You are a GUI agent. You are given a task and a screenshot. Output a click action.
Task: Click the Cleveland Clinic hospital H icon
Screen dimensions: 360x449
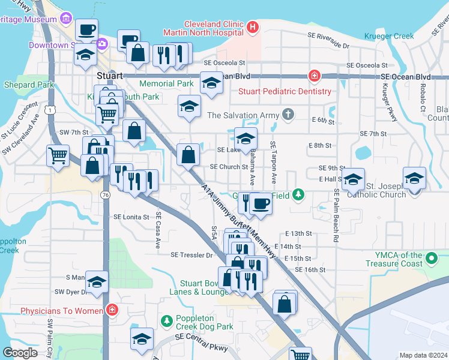tap(252, 27)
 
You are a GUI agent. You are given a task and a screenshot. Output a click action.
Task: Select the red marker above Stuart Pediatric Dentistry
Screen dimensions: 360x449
tap(313, 76)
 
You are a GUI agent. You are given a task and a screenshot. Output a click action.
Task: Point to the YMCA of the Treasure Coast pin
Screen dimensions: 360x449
tap(430, 259)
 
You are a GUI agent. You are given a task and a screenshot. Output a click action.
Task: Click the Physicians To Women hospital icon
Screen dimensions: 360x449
tap(112, 310)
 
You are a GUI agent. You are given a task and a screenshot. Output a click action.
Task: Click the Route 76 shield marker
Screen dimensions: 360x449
tap(105, 195)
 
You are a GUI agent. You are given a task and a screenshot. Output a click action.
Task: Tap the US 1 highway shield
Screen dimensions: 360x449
tap(47, 110)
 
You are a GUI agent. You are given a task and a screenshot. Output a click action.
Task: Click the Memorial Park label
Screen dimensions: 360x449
tap(166, 83)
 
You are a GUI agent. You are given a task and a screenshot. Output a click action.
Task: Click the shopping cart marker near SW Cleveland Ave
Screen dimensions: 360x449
tap(58, 155)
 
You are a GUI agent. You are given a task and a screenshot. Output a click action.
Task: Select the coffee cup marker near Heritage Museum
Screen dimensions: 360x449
tap(86, 29)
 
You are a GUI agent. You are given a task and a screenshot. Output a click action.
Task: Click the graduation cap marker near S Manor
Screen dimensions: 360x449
tap(96, 281)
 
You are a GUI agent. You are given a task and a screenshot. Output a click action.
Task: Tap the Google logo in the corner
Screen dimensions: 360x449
tap(20, 353)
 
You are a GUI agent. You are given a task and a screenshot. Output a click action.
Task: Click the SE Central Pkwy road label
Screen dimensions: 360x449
tap(197, 342)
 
